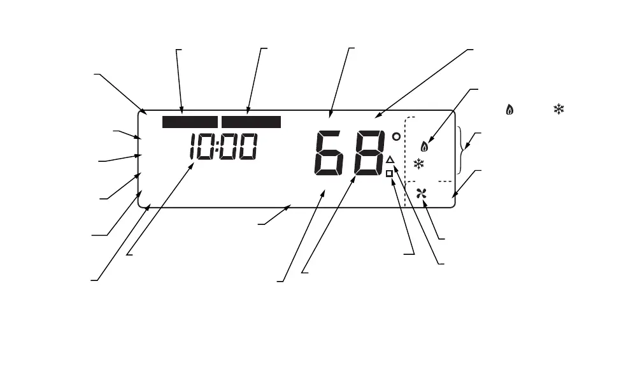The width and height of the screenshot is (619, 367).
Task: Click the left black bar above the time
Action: (190, 122)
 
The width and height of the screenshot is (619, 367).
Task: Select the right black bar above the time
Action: (251, 122)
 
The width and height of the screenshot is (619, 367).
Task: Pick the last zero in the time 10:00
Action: (248, 148)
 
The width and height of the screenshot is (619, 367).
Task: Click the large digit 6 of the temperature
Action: (330, 154)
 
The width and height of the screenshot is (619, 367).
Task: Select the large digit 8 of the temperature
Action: (368, 154)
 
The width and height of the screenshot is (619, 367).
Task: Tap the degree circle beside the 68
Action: (396, 136)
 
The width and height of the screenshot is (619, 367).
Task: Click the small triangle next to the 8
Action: (390, 159)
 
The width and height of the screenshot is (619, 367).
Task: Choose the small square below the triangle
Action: (389, 173)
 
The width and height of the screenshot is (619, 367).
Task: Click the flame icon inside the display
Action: (425, 146)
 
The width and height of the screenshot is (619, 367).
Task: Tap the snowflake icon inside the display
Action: (418, 164)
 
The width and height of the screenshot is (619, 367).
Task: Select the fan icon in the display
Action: (420, 194)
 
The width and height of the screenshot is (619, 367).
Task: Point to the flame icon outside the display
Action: (509, 110)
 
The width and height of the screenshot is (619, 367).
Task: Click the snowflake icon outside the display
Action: (559, 109)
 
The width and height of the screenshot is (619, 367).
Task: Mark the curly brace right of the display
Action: (463, 150)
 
